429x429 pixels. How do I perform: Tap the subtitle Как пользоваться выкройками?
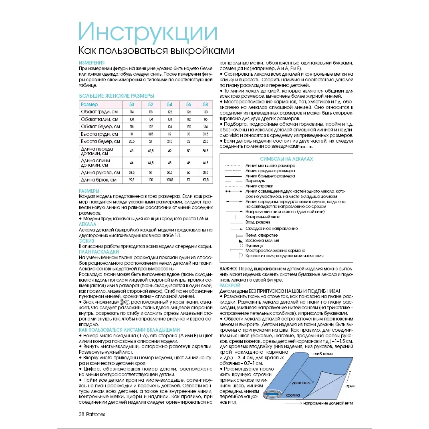pos(156,51)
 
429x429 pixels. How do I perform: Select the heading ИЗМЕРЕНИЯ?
pos(92,63)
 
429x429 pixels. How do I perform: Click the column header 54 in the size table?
pos(169,105)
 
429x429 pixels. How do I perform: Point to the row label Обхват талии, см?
pos(99,119)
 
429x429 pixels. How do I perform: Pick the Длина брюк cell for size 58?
pos(205,180)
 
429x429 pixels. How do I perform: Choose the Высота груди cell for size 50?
pos(131,134)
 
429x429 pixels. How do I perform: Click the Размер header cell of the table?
pos(89,105)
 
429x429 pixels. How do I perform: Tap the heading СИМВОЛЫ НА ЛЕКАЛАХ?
pos(286,159)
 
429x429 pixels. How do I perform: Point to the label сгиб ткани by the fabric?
pos(323,354)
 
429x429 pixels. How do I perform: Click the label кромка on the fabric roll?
pos(293,395)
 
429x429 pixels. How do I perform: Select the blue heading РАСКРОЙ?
pos(230,285)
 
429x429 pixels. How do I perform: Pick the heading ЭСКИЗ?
pos(87,241)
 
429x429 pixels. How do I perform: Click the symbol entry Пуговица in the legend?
pos(254,245)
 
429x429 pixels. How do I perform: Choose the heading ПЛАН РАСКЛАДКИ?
pos(99,252)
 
